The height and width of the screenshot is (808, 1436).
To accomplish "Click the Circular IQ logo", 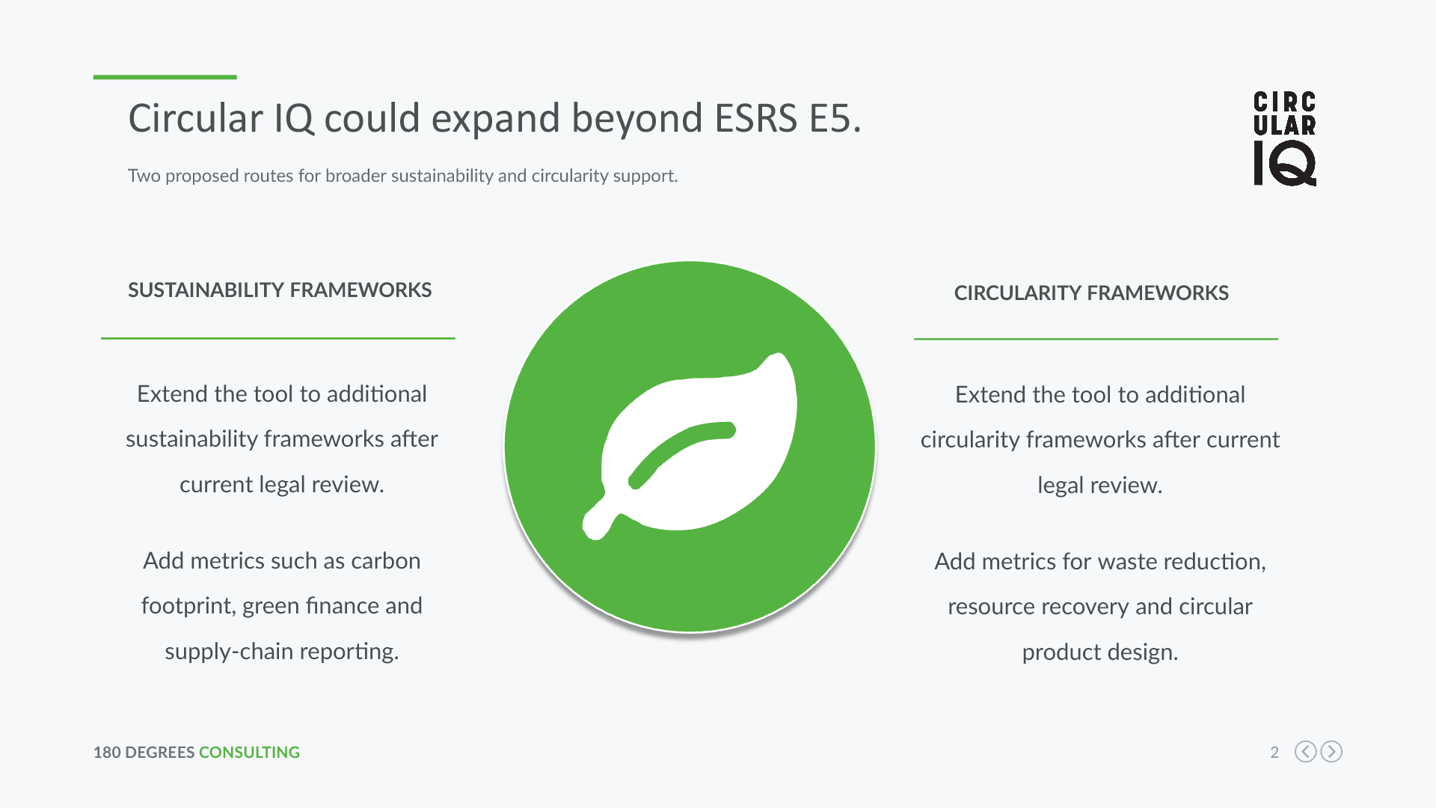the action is (1285, 138).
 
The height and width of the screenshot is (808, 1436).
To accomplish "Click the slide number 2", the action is (1274, 752).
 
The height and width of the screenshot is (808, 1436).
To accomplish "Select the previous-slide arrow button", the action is (1306, 751).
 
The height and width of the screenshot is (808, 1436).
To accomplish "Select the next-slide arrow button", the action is (1331, 751).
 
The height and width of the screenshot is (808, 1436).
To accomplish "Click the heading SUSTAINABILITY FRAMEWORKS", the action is (280, 290).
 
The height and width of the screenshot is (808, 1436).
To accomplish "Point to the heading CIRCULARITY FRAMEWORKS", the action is (1091, 293).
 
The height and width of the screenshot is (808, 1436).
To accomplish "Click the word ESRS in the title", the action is (756, 118).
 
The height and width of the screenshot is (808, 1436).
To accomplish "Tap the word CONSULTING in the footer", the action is (249, 752).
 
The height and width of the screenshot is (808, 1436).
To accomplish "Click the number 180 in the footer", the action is (107, 752).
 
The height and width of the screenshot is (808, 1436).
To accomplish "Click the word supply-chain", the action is (230, 652).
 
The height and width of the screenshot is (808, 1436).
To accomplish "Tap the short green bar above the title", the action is (165, 77).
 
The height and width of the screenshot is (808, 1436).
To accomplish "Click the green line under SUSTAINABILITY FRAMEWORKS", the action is (277, 338).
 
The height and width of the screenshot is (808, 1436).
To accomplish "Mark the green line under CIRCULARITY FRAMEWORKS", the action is (1096, 339).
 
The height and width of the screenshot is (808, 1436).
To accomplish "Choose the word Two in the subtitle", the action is (144, 176).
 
